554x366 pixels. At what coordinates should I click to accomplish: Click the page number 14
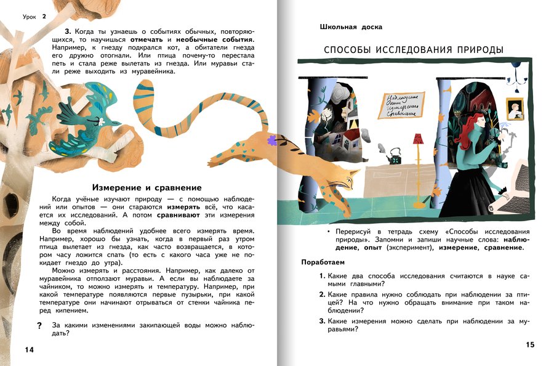[x=28, y=350]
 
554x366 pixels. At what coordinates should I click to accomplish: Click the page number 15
[x=531, y=344]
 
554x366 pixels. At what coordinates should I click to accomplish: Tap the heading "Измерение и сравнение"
[x=147, y=187]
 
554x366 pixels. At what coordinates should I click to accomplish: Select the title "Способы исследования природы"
[x=414, y=49]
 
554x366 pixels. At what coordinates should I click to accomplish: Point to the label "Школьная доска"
[x=351, y=27]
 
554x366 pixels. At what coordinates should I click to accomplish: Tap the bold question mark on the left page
[x=39, y=325]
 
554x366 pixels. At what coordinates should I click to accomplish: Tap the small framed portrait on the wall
[x=515, y=109]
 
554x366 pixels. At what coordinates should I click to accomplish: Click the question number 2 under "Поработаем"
[x=322, y=295]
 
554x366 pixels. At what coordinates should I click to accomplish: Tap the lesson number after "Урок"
[x=44, y=17]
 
